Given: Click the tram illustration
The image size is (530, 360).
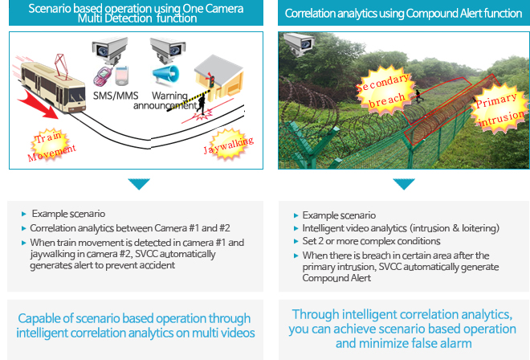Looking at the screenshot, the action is pos(54,84).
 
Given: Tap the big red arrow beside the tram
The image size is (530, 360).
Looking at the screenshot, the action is pos(38,105).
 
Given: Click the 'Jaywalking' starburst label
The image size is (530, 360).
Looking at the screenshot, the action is pos(229,145).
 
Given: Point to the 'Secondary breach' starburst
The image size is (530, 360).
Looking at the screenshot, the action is pos(385,90).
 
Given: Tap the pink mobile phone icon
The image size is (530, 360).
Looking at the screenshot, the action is pos(103,76).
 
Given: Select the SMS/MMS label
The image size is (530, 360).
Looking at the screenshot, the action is pos(116,96).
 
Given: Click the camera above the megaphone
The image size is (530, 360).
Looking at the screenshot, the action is pos(168,49).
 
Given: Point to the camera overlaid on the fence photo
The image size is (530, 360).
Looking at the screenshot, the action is pos(299,43).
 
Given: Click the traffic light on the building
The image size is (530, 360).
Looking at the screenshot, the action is pos(212,80).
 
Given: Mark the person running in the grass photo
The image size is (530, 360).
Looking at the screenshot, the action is pos(419,96).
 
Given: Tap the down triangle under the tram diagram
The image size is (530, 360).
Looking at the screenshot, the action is pos(139,184).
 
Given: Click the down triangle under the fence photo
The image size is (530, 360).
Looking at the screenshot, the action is pos(404,184).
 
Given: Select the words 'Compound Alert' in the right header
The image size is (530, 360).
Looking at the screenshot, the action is pos(443,13).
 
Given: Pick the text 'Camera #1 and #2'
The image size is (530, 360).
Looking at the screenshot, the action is pos(192,228).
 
